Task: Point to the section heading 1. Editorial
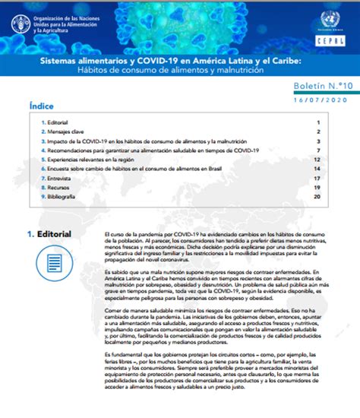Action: [49, 234]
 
